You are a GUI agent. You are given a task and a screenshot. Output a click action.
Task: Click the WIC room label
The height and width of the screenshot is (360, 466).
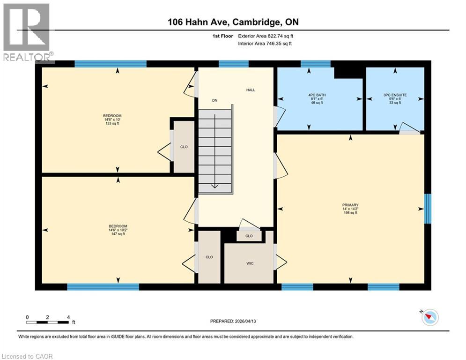(x=250, y=263)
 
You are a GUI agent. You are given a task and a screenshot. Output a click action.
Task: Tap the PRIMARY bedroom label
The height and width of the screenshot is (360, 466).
(x=350, y=205)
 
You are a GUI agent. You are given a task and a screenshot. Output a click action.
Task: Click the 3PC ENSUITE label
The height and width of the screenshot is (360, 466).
(x=395, y=95)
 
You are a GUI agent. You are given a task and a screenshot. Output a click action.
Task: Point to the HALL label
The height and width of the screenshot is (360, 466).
(x=251, y=90)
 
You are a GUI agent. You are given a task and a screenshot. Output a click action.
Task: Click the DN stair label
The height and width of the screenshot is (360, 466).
(x=215, y=100)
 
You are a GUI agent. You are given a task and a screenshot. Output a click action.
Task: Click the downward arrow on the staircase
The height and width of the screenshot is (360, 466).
(x=215, y=185)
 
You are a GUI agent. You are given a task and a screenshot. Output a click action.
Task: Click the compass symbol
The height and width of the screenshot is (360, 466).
(x=429, y=318)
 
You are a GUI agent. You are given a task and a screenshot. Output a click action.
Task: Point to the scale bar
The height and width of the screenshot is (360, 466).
(x=48, y=322)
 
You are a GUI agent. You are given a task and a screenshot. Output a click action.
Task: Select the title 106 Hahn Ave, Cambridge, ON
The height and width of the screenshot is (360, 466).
(x=233, y=22)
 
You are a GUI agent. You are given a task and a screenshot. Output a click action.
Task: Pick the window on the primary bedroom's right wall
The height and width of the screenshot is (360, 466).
(x=427, y=208)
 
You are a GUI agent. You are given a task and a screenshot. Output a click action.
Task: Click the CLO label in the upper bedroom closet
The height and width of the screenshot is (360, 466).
(x=184, y=147)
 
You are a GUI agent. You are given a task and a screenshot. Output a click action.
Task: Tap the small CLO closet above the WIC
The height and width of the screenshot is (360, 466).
(x=249, y=236)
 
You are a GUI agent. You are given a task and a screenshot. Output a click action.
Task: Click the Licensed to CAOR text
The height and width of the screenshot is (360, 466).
(x=27, y=356)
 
